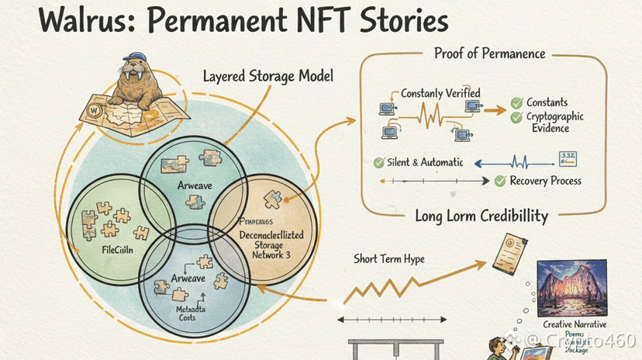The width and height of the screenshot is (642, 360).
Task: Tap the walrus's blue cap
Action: [136, 63]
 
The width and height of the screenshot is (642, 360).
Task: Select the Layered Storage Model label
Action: [268, 77]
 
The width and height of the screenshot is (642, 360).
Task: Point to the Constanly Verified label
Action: [440, 93]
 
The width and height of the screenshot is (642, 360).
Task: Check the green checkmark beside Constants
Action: [516, 102]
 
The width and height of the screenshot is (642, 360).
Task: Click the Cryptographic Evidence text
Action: [556, 123]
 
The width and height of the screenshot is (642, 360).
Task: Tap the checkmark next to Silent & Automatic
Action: [379, 163]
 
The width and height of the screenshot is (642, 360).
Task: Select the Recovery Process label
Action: [546, 181]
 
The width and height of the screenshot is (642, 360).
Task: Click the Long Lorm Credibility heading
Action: [481, 216]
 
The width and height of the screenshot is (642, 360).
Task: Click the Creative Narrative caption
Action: [575, 324]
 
